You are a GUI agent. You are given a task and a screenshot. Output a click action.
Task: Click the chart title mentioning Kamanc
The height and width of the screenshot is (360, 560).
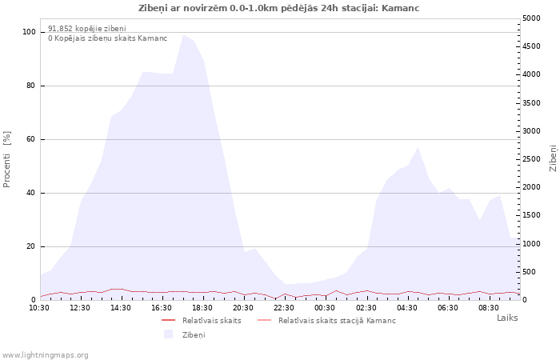point(278,8)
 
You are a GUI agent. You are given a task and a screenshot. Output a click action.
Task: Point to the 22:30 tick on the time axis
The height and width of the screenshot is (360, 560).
point(284,308)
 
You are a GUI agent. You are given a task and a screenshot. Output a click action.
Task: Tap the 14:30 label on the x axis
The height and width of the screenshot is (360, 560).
point(120,308)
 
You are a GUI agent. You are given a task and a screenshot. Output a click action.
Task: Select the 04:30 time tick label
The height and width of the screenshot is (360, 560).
point(406,308)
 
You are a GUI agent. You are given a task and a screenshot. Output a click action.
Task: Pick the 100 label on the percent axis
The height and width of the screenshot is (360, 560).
point(29,32)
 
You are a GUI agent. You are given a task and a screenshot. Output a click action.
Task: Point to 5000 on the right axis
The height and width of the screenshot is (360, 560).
point(531,18)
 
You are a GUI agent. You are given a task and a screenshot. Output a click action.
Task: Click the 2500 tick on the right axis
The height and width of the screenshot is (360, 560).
point(531,159)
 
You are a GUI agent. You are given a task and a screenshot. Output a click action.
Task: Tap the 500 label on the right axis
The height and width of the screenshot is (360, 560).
point(529,272)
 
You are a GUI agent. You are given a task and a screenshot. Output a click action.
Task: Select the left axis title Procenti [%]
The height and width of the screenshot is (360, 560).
point(6,159)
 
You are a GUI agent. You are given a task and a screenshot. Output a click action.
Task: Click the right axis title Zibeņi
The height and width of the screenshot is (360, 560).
point(553,158)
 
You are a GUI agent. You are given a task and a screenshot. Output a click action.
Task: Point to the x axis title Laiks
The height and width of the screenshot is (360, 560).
point(507,318)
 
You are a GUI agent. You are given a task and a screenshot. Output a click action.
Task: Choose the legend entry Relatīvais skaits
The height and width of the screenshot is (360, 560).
point(211,321)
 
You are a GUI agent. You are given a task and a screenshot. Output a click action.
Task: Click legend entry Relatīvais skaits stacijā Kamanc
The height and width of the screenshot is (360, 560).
point(337,321)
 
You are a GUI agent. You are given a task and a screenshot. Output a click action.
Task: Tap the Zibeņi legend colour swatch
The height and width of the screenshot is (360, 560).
point(168,334)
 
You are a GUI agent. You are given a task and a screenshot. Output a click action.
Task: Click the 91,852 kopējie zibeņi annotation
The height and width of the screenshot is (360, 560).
point(87,29)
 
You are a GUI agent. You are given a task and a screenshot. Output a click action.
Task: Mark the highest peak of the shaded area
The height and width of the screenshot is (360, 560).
point(183,34)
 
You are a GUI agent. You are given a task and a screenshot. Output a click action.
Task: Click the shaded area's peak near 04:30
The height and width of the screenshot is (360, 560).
point(418,146)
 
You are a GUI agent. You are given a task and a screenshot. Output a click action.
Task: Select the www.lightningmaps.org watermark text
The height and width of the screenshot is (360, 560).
point(45,355)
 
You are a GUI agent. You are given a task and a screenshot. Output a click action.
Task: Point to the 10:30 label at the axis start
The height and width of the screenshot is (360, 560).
point(39,308)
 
